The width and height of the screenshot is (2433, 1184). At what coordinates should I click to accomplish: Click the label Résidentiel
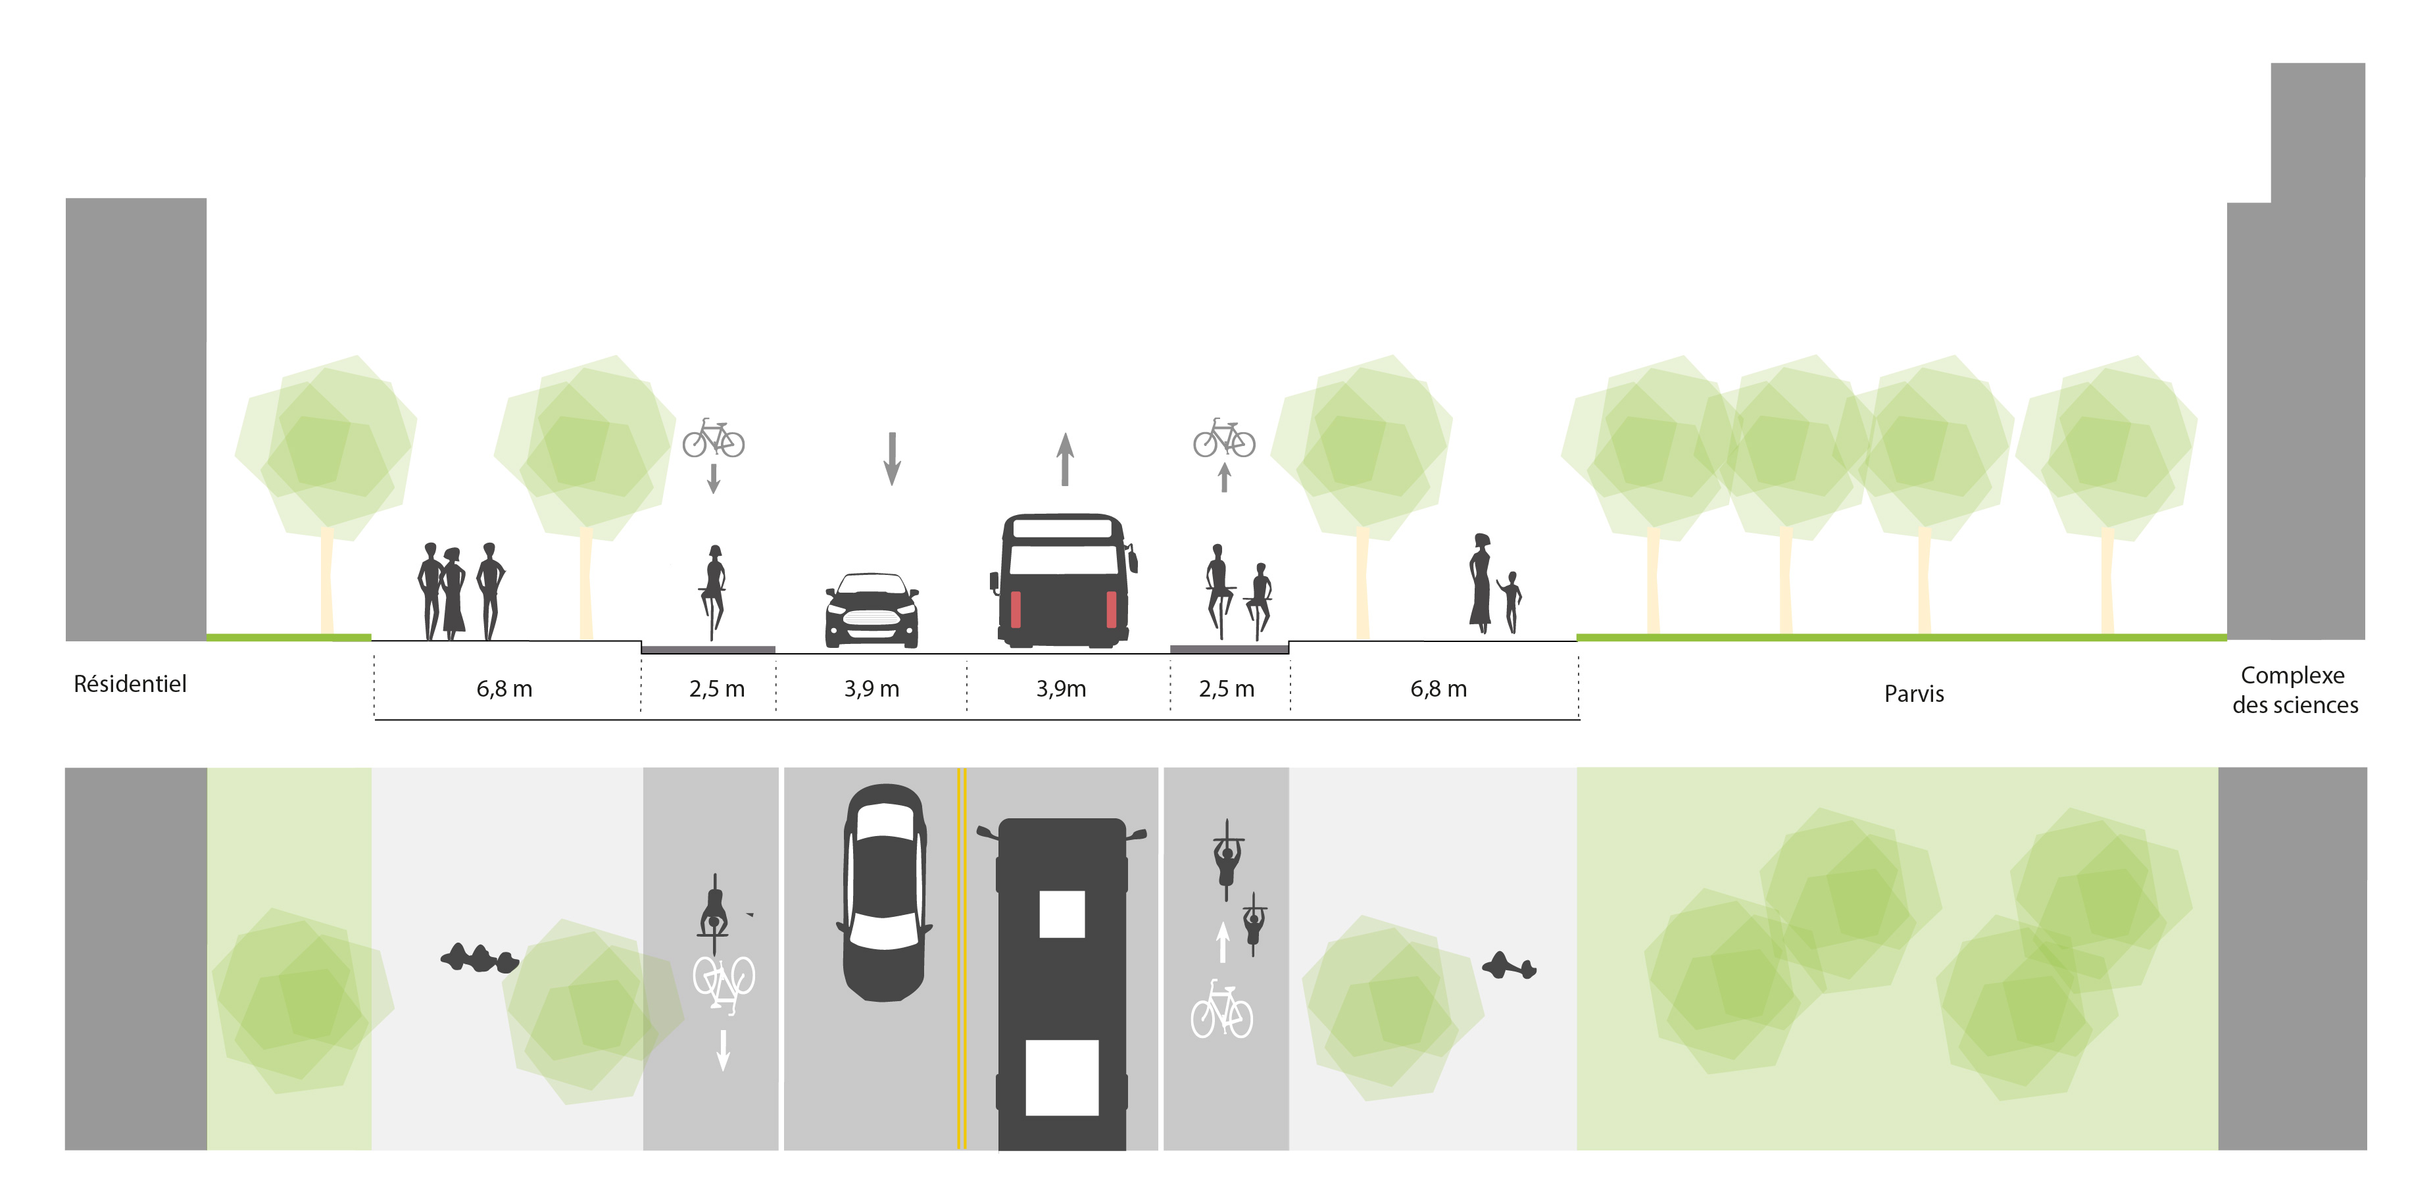(x=130, y=683)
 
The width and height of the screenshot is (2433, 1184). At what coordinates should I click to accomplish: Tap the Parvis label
(x=1913, y=694)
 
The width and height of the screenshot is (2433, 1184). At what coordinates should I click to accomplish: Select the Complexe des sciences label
(x=2294, y=690)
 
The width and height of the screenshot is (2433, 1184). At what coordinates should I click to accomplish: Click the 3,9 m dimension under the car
(x=871, y=689)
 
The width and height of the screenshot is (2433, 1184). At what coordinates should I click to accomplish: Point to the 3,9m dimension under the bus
(x=1061, y=689)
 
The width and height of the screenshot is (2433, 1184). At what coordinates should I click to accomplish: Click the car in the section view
(x=872, y=610)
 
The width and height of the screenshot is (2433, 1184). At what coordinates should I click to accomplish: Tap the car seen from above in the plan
(x=884, y=892)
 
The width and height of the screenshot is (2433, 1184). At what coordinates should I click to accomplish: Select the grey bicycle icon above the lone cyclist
(x=713, y=438)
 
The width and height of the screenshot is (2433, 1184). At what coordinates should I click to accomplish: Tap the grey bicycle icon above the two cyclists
(x=1224, y=438)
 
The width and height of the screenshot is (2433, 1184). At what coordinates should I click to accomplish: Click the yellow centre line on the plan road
(x=962, y=958)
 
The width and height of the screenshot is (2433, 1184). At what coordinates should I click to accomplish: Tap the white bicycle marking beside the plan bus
(x=1221, y=1009)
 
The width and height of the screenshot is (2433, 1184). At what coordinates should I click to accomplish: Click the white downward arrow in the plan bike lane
(x=724, y=1050)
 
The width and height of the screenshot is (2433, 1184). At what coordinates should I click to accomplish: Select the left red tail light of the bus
(x=1016, y=609)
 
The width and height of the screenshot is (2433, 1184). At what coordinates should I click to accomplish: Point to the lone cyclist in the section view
(x=713, y=593)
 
